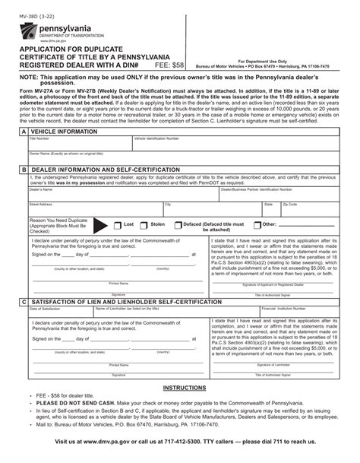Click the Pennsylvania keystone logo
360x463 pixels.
coord(29,32)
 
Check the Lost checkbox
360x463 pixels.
coord(117,225)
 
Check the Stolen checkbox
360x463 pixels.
coord(144,225)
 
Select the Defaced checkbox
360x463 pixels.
coord(178,225)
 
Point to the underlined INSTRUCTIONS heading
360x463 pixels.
coord(180,387)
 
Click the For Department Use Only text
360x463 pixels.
coord(263,60)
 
